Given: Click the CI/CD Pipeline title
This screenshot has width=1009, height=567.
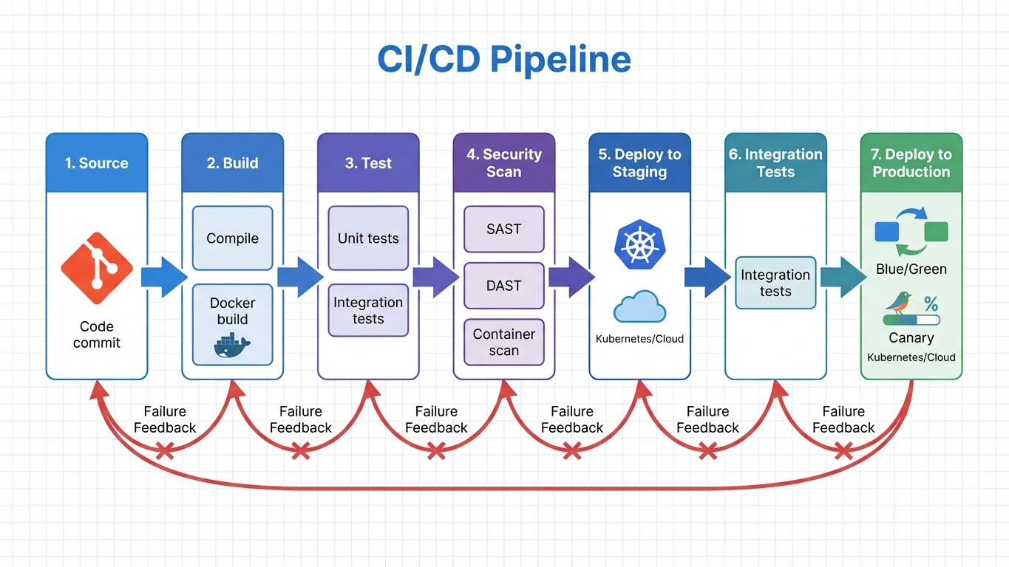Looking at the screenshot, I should click(x=504, y=60).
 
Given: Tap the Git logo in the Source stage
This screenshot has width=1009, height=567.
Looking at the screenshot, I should click(x=97, y=268).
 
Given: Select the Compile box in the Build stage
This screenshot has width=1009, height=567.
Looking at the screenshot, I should click(x=232, y=238).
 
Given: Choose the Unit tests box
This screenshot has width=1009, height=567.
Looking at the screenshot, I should click(x=368, y=238).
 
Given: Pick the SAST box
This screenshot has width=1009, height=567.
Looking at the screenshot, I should click(x=503, y=229).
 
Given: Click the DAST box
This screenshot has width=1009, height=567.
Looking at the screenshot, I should click(x=503, y=286).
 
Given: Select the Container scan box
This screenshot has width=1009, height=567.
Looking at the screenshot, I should click(x=503, y=342).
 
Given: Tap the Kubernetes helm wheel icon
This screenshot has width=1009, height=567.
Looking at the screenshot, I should click(x=639, y=244).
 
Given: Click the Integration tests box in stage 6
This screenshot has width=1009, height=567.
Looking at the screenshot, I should click(x=775, y=283).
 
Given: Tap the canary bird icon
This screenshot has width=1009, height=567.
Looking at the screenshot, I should click(x=900, y=303).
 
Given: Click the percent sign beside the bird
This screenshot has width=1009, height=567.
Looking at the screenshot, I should click(x=931, y=304).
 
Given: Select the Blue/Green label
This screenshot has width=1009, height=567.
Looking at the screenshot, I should click(x=911, y=269).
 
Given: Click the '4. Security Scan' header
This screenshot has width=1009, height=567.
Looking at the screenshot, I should click(x=503, y=163).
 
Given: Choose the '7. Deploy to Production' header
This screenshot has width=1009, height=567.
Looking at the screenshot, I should click(x=911, y=163).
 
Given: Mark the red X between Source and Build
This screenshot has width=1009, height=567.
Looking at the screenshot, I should click(x=164, y=450).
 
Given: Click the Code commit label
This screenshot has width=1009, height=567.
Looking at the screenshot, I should click(x=97, y=334).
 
